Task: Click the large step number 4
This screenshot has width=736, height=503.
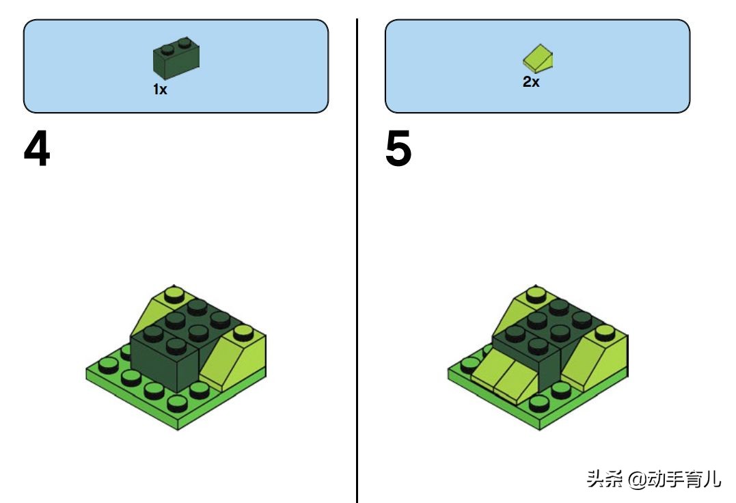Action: pyautogui.click(x=37, y=149)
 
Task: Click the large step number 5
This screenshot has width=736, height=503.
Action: pyautogui.click(x=398, y=149)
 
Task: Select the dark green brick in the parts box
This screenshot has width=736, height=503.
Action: pyautogui.click(x=176, y=57)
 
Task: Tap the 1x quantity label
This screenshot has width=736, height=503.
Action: pyautogui.click(x=160, y=89)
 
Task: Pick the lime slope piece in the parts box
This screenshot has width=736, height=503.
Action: pyautogui.click(x=538, y=59)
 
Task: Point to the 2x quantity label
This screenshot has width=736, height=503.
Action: pyautogui.click(x=531, y=81)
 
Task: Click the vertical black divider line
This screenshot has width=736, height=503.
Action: pyautogui.click(x=357, y=260)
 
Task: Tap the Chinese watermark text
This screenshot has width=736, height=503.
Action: pyautogui.click(x=653, y=479)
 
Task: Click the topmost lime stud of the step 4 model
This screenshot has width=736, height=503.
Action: pyautogui.click(x=174, y=295)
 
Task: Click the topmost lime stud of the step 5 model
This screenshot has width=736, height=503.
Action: pyautogui.click(x=536, y=295)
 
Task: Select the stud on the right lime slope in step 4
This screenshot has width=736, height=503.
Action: pyautogui.click(x=243, y=333)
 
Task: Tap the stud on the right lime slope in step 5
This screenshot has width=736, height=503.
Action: pyautogui.click(x=605, y=333)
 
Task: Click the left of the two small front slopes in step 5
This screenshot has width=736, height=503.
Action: pyautogui.click(x=488, y=370)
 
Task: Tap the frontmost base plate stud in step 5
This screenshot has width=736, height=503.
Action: pyautogui.click(x=539, y=404)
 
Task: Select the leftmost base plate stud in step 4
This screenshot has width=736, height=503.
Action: pyautogui.click(x=109, y=366)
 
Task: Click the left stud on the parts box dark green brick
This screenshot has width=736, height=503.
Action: pyautogui.click(x=167, y=49)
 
